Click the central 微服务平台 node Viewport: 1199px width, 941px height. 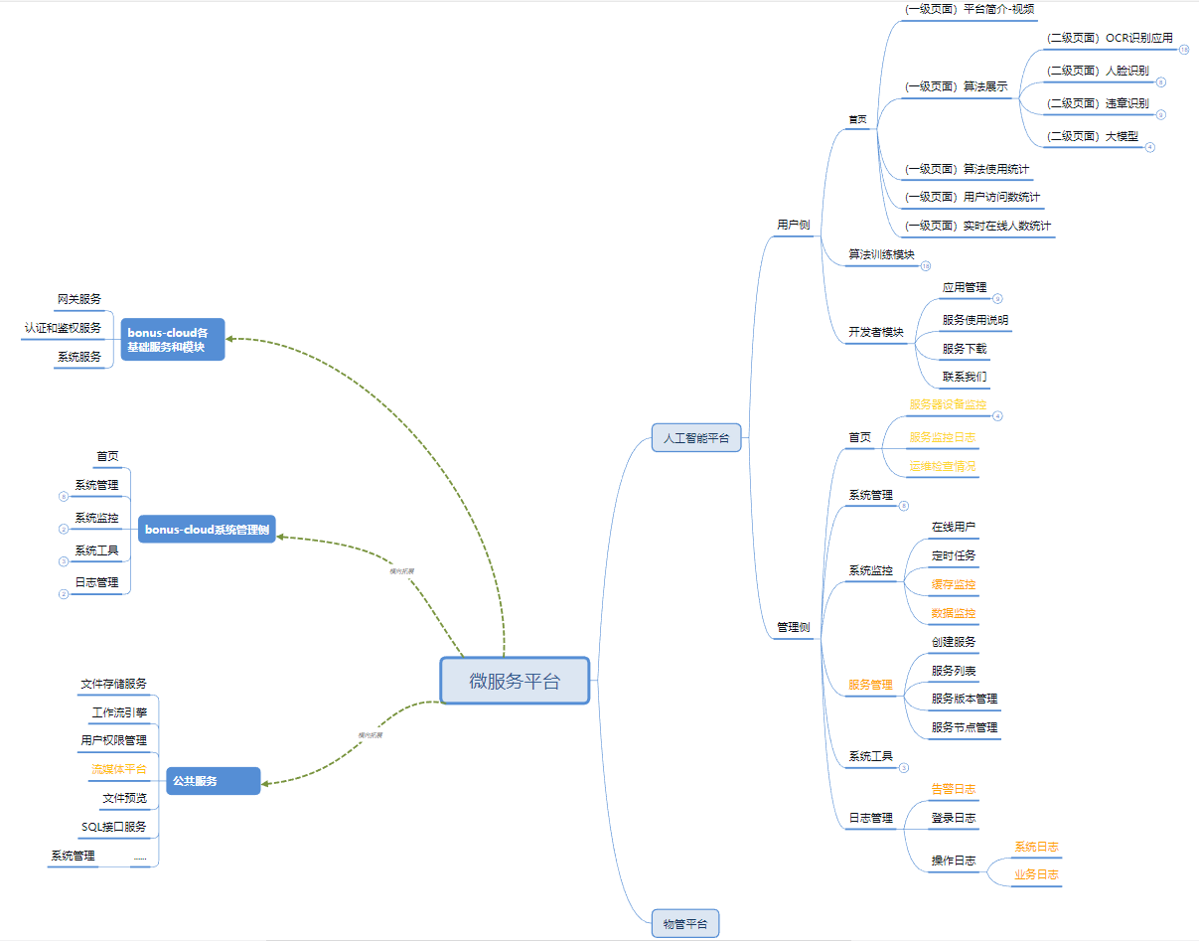[x=515, y=681]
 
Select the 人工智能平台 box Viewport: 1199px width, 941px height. [x=696, y=437]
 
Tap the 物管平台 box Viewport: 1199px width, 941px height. [x=685, y=923]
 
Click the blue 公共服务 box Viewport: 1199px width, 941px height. [x=214, y=781]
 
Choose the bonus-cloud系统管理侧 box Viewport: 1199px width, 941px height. [x=207, y=530]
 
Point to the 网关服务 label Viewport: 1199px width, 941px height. [x=79, y=299]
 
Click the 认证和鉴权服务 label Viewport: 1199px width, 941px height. [x=63, y=328]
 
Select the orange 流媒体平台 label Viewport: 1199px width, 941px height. [x=118, y=769]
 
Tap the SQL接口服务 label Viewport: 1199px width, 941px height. [x=114, y=827]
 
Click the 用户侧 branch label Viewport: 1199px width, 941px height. [x=793, y=225]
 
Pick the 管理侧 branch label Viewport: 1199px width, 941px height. [x=793, y=627]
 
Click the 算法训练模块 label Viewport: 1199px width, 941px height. [x=881, y=254]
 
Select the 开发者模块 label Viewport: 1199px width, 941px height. [x=876, y=332]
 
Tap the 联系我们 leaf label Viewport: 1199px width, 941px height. [x=965, y=377]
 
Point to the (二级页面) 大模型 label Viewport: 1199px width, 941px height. [x=1093, y=136]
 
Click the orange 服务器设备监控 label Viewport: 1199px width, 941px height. [x=948, y=404]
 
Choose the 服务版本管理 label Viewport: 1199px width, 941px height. [x=965, y=699]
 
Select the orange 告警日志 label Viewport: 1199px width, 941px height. [x=953, y=789]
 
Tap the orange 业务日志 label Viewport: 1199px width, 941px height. [x=1036, y=875]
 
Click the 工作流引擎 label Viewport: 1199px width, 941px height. [x=119, y=712]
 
